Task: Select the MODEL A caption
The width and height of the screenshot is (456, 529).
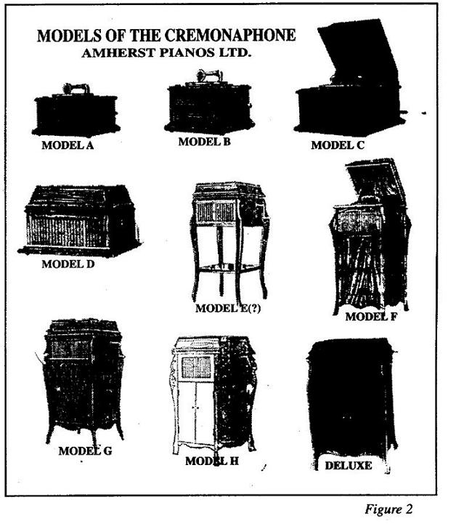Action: [x=68, y=145]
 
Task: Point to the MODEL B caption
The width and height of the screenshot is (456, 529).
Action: [x=204, y=142]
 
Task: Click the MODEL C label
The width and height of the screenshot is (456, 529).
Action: [x=338, y=145]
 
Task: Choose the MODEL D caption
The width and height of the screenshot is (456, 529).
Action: [x=68, y=264]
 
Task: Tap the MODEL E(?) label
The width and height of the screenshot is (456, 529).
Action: [x=228, y=308]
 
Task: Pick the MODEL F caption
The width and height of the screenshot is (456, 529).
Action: [x=371, y=317]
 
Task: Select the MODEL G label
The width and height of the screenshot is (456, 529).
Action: [x=85, y=451]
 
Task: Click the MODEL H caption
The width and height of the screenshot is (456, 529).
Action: [x=212, y=461]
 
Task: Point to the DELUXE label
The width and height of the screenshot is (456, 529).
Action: [x=349, y=466]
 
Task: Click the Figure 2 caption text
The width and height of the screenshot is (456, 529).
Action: [x=388, y=509]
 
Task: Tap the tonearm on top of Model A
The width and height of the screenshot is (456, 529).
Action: [x=76, y=89]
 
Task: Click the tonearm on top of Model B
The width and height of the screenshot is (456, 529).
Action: [x=209, y=76]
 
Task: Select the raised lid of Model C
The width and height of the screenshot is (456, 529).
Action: [x=357, y=51]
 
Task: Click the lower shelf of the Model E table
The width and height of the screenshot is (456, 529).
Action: [x=229, y=267]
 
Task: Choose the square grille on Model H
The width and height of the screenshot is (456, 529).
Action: [x=196, y=367]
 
